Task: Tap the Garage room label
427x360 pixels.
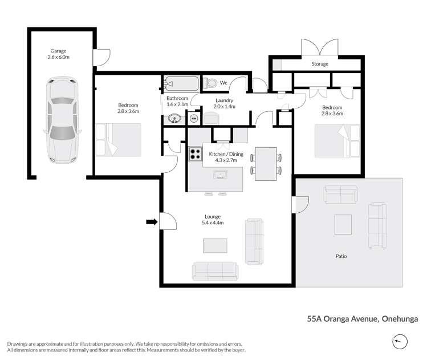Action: coord(59,54)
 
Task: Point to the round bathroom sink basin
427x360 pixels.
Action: coord(175,119)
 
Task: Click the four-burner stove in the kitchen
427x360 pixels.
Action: coord(196,153)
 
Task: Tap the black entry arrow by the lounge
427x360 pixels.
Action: coord(151,221)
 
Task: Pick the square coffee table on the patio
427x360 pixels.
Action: coord(343,224)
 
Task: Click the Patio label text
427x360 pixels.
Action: coord(341,256)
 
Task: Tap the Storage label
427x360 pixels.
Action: coord(320,64)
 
